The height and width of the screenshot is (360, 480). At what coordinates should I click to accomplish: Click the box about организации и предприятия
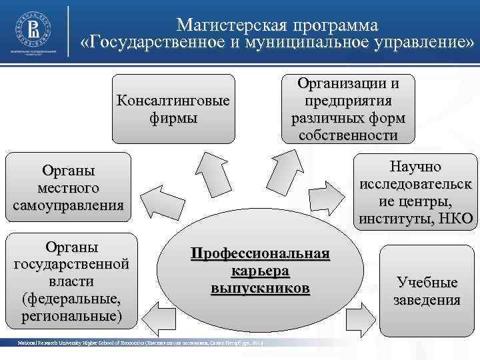tap(348, 109)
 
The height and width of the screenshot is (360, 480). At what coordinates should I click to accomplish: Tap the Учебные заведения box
tap(427, 291)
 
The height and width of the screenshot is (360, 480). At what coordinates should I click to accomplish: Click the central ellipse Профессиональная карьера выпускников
tap(261, 273)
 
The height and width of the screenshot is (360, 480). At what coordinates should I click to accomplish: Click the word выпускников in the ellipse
tap(261, 289)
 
